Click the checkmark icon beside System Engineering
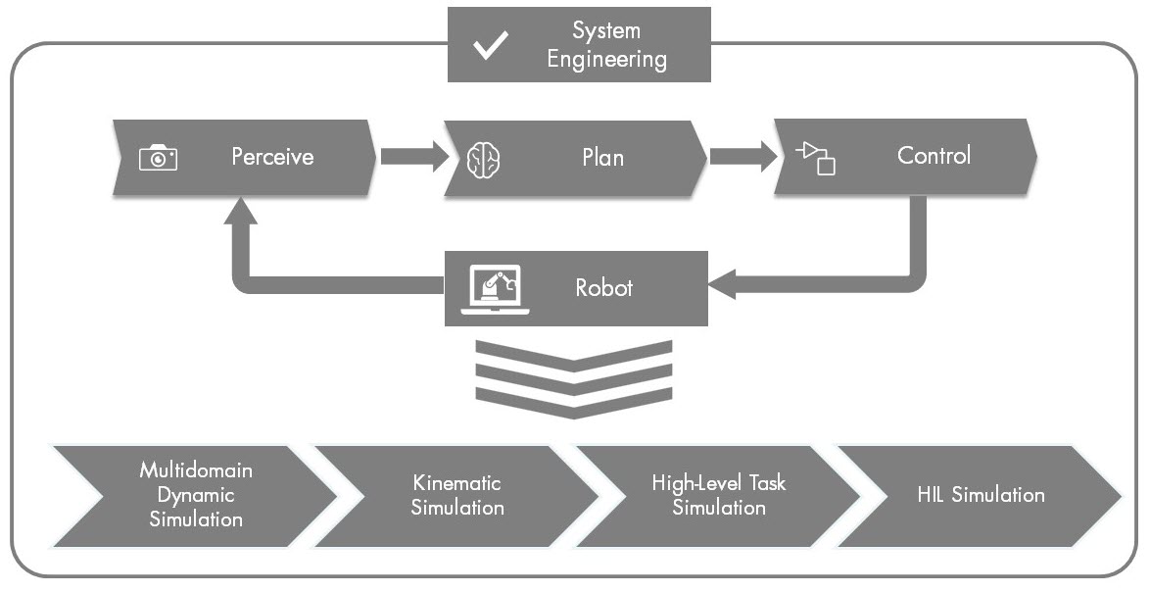tap(490, 46)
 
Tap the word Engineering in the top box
tap(606, 59)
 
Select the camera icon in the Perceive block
tap(158, 157)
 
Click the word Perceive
tap(272, 156)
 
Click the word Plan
tap(602, 157)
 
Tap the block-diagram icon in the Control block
tap(816, 157)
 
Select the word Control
tap(934, 155)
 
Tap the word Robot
tap(603, 288)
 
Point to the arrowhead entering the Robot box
tap(725, 284)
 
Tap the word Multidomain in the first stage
tap(195, 470)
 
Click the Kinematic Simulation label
tap(456, 495)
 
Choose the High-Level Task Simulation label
tap(718, 495)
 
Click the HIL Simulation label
tap(980, 495)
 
